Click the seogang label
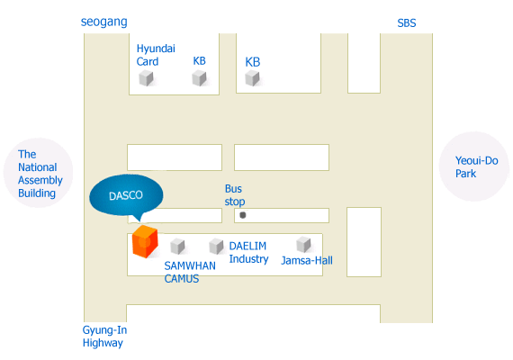(x=104, y=22)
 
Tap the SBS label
(x=407, y=23)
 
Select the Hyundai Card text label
(x=156, y=55)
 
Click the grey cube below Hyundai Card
(x=146, y=78)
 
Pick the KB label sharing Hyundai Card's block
(x=199, y=61)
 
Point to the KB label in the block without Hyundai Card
(x=253, y=62)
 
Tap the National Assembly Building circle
(x=39, y=173)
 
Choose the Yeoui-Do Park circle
(x=473, y=166)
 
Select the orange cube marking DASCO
(x=145, y=241)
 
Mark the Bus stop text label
(x=235, y=195)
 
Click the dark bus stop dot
(x=243, y=215)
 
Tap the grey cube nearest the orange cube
(x=177, y=247)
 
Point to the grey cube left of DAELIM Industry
(x=216, y=246)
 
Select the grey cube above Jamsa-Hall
(x=303, y=245)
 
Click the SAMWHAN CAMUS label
(x=190, y=273)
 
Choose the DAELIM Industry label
(x=248, y=252)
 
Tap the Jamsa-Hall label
(x=307, y=260)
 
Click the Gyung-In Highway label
(x=104, y=337)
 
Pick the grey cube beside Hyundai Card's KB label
(x=199, y=78)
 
